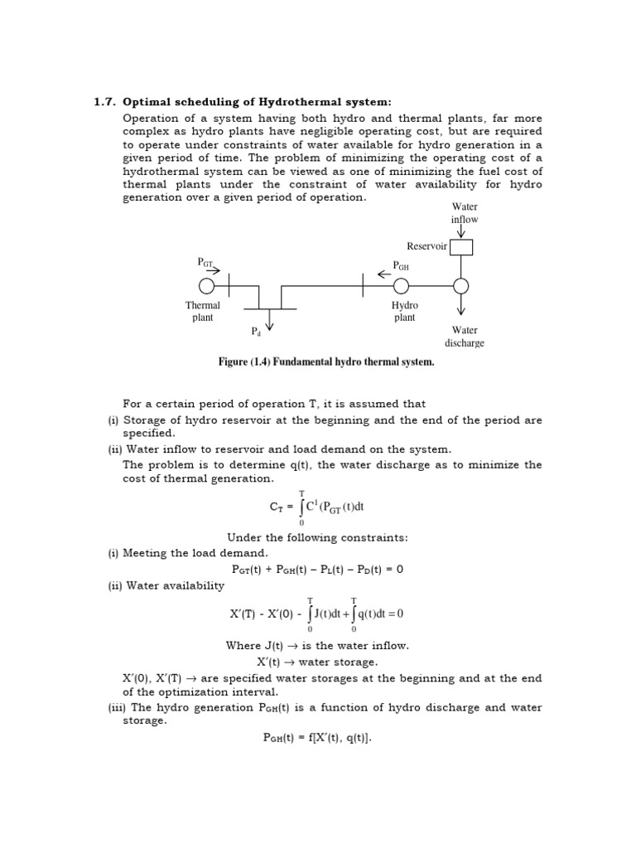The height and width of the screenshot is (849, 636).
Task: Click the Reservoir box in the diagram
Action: click(460, 246)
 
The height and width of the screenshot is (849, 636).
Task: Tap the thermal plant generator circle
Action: click(207, 286)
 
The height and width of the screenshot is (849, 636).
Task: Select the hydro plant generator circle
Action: click(402, 286)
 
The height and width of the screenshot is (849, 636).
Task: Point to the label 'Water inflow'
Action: click(465, 213)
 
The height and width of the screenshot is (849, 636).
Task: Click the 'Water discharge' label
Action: click(465, 337)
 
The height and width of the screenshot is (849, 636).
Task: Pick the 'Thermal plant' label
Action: click(203, 312)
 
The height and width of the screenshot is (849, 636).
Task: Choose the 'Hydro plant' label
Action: click(405, 312)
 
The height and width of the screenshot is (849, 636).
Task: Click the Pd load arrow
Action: click(268, 323)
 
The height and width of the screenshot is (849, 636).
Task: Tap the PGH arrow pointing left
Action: click(385, 273)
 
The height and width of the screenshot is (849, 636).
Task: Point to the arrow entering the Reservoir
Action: click(460, 232)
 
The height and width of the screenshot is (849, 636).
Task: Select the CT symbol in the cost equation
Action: click(282, 506)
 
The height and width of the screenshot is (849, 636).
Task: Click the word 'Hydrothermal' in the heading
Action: click(307, 102)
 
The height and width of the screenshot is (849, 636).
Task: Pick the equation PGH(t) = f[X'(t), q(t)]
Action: click(317, 739)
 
